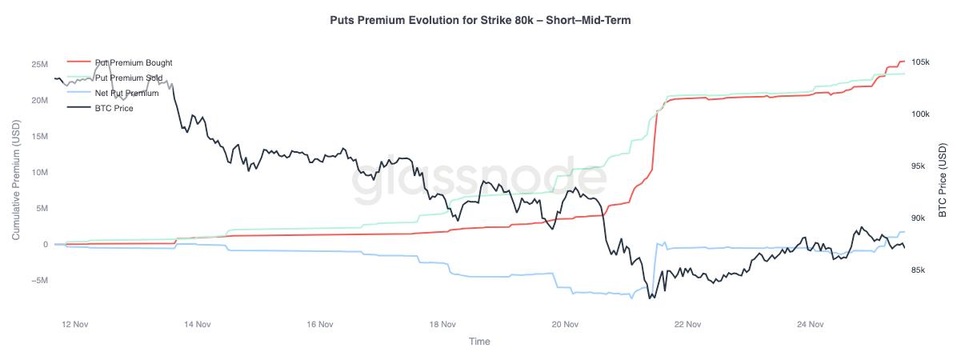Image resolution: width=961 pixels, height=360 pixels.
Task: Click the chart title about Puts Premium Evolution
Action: click(x=480, y=20)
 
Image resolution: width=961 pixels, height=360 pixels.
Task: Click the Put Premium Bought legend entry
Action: click(x=133, y=62)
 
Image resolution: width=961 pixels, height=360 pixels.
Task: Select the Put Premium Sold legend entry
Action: click(x=128, y=78)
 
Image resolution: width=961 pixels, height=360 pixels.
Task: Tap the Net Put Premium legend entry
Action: click(x=126, y=93)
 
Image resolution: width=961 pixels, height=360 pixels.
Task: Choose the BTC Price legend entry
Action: click(x=114, y=108)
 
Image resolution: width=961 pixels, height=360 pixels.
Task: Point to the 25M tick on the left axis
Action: click(x=38, y=64)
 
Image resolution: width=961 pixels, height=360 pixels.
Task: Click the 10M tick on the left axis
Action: click(x=38, y=172)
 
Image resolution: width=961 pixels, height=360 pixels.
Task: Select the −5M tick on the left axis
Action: click(x=38, y=280)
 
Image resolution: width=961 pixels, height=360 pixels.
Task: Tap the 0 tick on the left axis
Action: click(x=45, y=244)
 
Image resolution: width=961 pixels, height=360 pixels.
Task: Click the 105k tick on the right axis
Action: click(x=920, y=62)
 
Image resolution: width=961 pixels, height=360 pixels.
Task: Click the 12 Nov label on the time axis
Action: click(x=74, y=325)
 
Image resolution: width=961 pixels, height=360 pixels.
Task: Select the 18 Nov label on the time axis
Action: click(x=442, y=325)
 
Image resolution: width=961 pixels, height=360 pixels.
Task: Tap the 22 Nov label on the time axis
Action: click(x=688, y=325)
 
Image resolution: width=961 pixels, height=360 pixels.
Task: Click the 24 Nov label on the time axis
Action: click(x=811, y=325)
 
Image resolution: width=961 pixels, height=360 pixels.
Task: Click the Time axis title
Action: click(x=479, y=342)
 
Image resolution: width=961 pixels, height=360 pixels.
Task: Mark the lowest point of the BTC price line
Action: click(x=651, y=298)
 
